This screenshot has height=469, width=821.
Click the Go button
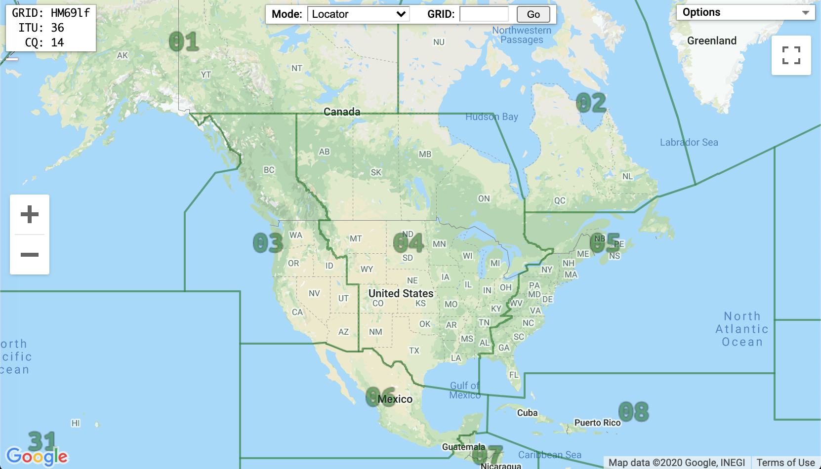pos(533,14)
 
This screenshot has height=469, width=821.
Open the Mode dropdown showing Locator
pos(358,14)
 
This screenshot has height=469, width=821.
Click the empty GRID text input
pos(484,14)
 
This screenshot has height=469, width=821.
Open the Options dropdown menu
pos(745,12)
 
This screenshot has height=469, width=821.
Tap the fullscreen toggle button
pos(791,55)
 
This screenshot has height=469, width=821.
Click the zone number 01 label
pos(184,42)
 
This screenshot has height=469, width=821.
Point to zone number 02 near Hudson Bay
pos(591,103)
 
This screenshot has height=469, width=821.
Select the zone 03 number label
pos(268,243)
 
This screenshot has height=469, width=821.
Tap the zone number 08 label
pos(633,412)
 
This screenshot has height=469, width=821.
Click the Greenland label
pos(711,41)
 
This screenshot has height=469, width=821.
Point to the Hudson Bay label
pos(492,117)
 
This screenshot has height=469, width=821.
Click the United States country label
pos(401,293)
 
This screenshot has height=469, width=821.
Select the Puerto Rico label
pos(597,423)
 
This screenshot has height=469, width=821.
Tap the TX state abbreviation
pos(414,351)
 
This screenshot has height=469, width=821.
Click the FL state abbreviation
pos(514,375)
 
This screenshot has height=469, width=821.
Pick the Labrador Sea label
pos(689,142)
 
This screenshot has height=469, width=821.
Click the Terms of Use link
pos(785,463)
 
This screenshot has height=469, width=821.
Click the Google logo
pos(37,456)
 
